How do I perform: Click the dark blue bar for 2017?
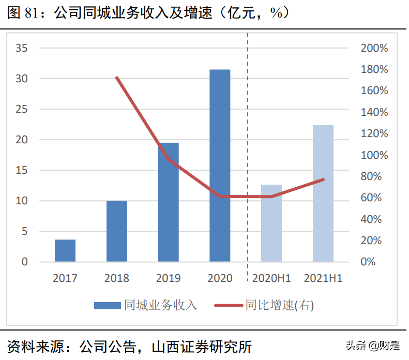tap(65, 250)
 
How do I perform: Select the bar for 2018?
tap(117, 231)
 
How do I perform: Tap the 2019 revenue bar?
tap(168, 202)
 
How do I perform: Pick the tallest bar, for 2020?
tap(220, 166)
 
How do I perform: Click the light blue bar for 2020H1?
tap(271, 223)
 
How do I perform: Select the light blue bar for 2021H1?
tap(323, 193)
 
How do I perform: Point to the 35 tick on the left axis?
tap(22, 48)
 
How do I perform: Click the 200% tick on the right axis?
tap(374, 48)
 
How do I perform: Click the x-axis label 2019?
tap(168, 278)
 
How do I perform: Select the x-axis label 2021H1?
tap(323, 278)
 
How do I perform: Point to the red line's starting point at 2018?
tap(117, 78)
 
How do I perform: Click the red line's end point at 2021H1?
tap(323, 179)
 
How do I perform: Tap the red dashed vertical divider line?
tap(247, 155)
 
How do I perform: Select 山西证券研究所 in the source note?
tap(202, 346)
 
